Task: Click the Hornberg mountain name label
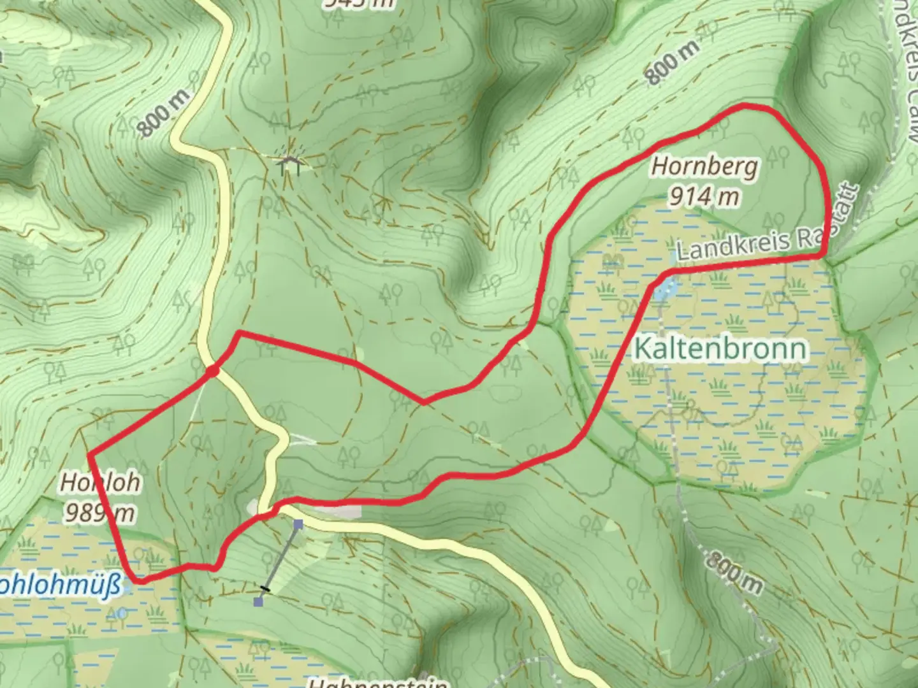[x=704, y=167]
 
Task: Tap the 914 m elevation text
[x=704, y=196]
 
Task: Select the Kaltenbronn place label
[x=720, y=349]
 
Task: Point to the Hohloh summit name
[x=100, y=483]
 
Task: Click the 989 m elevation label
[x=99, y=512]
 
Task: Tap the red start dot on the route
[x=212, y=371]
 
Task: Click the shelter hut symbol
[x=290, y=165]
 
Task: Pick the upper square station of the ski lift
[x=298, y=524]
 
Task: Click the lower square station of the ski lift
[x=258, y=601]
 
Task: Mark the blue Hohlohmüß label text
[x=61, y=585]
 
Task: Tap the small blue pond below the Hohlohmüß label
[x=122, y=613]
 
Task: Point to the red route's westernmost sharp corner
[x=90, y=454]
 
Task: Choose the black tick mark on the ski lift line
[x=265, y=589]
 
